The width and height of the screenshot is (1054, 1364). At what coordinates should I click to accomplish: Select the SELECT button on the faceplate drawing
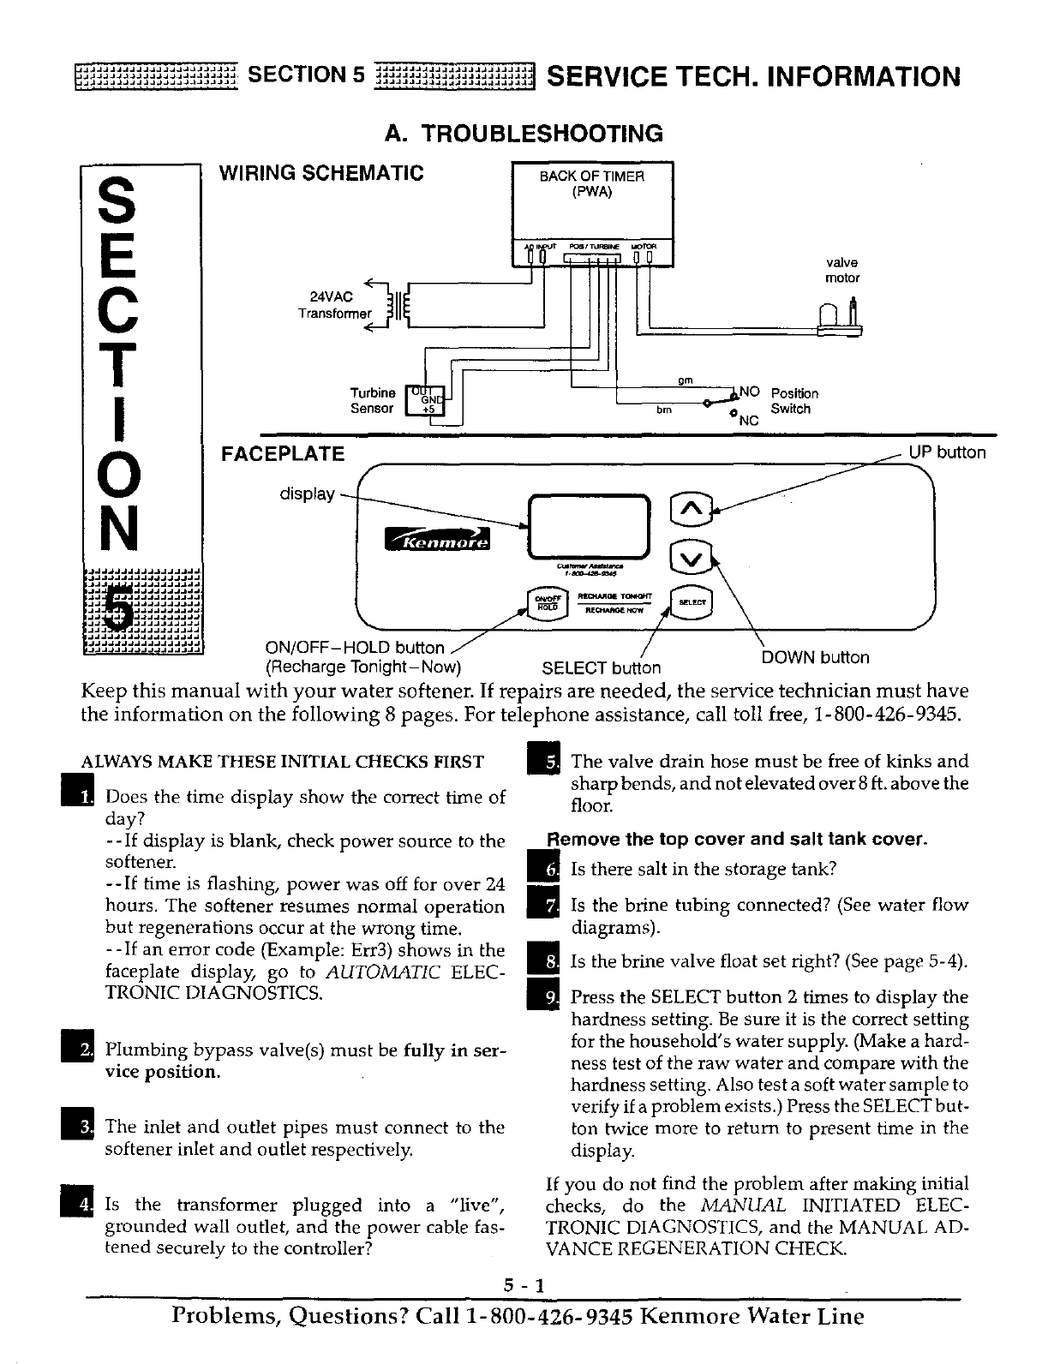(x=692, y=602)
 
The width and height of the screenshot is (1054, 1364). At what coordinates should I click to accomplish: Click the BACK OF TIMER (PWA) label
(x=591, y=183)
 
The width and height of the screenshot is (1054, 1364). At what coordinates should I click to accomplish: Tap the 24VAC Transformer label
(x=334, y=305)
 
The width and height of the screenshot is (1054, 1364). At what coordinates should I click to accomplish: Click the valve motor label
(x=841, y=270)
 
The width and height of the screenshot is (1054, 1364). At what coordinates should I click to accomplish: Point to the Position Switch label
(x=794, y=401)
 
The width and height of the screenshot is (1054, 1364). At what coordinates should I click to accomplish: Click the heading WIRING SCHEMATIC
(x=321, y=173)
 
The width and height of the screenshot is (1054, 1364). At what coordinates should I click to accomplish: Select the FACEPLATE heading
(x=283, y=453)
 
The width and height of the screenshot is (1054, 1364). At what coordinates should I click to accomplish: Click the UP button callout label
(x=948, y=452)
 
